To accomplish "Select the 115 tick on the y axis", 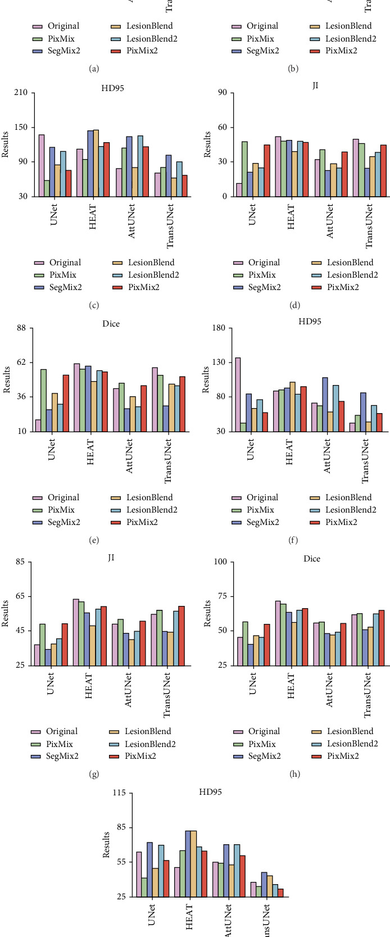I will (x=120, y=793).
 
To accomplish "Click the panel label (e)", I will (x=94, y=541).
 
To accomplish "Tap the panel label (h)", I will (x=293, y=774).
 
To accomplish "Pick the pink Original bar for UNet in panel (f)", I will (x=238, y=394).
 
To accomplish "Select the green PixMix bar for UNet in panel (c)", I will (x=47, y=188).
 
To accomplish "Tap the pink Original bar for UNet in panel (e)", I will (x=38, y=425).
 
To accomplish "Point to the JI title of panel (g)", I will (x=111, y=558).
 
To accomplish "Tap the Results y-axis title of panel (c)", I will (x=6, y=144).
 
